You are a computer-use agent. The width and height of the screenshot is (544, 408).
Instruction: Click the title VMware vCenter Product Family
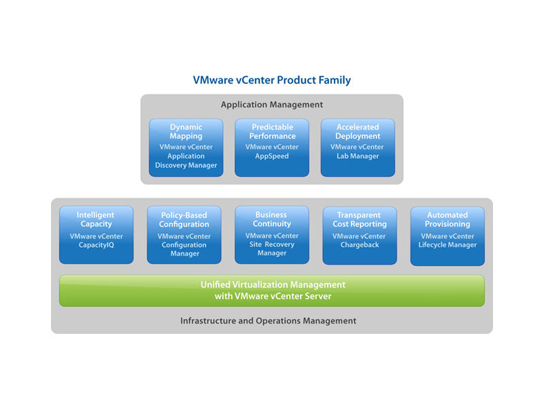pos(271,80)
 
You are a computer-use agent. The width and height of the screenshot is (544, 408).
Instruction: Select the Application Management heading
pos(271,105)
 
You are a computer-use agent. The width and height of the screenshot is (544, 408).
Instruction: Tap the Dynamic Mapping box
pos(186,148)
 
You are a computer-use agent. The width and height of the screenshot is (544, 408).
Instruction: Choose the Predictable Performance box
pos(271,148)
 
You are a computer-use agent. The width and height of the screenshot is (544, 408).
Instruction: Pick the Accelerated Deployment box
pos(358,148)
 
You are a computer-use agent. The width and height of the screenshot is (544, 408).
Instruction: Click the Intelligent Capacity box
pos(96,235)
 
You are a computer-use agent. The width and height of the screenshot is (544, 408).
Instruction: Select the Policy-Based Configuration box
pos(184,235)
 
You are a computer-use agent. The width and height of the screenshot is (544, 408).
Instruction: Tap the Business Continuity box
pos(271,235)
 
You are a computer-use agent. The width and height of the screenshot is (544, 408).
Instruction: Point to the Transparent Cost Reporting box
pos(360,235)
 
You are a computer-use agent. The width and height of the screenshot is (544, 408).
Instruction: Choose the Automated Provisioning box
pos(447,236)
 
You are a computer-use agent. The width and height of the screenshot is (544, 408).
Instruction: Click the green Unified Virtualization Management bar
pos(271,291)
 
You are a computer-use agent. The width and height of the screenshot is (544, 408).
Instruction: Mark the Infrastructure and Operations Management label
pos(268,321)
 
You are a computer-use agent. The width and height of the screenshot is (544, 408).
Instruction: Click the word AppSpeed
pos(271,156)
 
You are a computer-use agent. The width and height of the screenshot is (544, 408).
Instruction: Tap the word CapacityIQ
pos(96,245)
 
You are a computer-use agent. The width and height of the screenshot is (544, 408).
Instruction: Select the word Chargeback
pos(360,245)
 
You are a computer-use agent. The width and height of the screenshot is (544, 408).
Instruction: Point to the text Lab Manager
pos(358,156)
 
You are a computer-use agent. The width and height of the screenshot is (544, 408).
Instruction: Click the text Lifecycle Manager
pos(447,245)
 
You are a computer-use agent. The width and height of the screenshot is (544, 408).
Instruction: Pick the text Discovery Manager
pos(186,165)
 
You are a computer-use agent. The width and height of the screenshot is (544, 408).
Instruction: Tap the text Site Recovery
pos(271,244)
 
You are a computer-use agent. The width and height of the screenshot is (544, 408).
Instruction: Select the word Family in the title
pos(335,80)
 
